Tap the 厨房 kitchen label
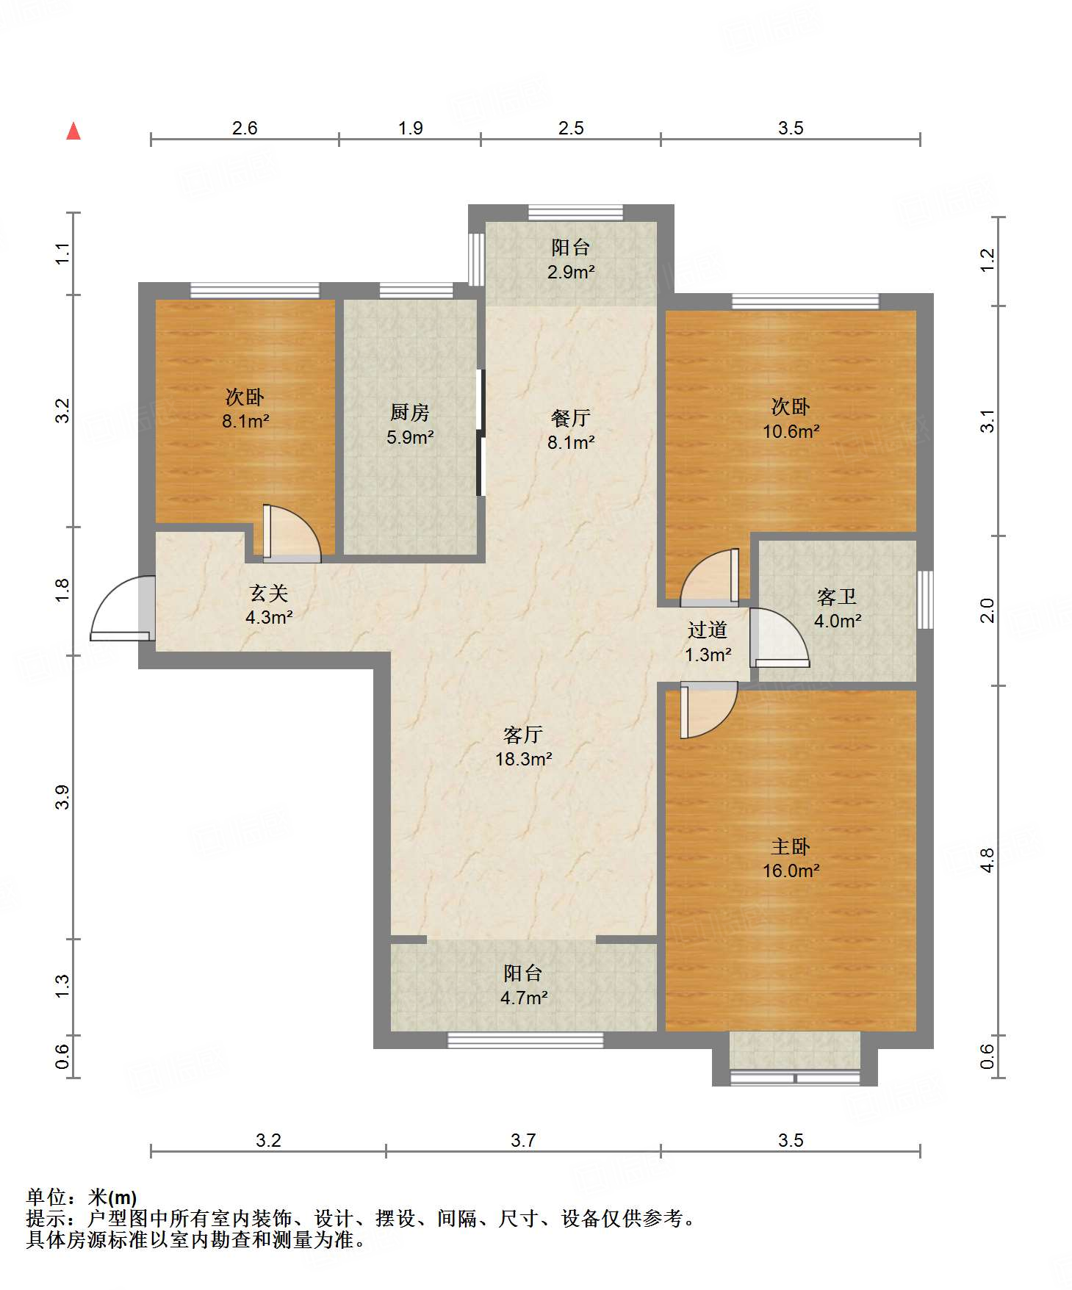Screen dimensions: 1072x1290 pos(410,413)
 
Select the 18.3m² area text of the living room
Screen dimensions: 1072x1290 pos(524,759)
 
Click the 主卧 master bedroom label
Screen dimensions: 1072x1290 pos(791,847)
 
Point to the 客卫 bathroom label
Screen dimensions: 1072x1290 pos(837,597)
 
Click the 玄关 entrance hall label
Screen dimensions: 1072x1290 pos(269,594)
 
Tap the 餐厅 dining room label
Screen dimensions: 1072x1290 pos(571,418)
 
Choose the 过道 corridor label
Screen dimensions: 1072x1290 pos(708,630)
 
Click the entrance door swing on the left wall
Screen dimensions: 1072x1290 pos(122,608)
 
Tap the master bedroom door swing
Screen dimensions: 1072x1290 pos(709,710)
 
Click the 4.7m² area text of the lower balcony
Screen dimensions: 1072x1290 pos(524,998)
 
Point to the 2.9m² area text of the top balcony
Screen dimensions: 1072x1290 pos(571,272)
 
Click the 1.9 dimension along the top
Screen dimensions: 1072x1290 pos(411,129)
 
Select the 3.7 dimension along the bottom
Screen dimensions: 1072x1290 pos(523,1140)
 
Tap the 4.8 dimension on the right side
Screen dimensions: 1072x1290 pos(988,860)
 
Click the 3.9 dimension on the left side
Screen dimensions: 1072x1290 pos(62,797)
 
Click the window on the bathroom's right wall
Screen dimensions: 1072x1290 pos(925,599)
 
